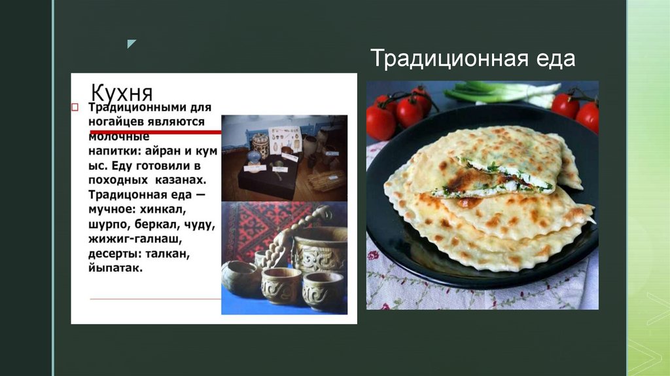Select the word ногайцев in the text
116,121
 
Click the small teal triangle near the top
132,44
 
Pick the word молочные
119,136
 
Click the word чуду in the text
199,225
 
